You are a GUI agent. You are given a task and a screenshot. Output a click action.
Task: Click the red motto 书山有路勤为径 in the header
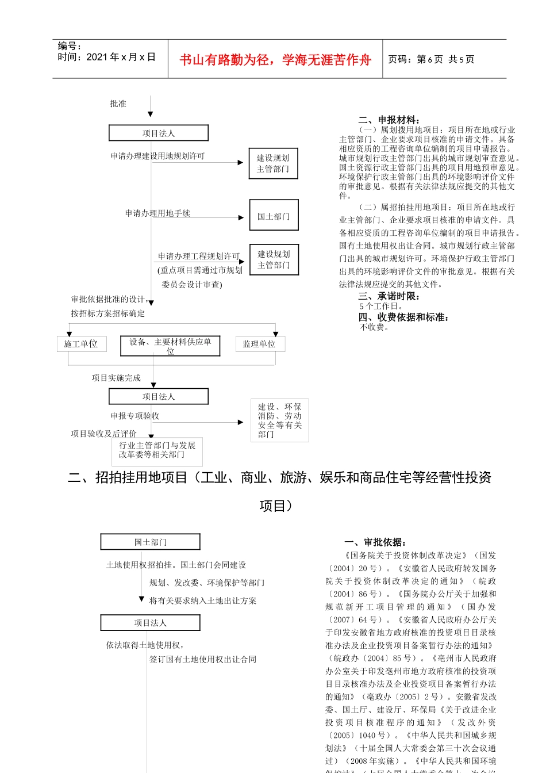click(275, 60)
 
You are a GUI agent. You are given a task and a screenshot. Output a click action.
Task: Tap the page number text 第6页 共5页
click(431, 59)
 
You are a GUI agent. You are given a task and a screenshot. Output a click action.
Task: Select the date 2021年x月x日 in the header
click(106, 57)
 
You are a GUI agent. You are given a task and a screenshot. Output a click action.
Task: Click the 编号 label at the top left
click(70, 46)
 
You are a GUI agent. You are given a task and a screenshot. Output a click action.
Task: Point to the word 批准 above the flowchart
click(118, 104)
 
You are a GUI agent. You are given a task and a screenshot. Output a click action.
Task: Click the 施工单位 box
click(80, 344)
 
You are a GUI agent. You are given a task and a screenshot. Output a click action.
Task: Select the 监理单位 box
click(259, 344)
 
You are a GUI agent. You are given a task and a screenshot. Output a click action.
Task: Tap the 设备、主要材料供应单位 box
click(170, 346)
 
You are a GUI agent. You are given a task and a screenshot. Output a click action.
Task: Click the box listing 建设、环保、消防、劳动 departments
click(279, 421)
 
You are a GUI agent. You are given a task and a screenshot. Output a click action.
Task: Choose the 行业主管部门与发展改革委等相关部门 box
click(157, 450)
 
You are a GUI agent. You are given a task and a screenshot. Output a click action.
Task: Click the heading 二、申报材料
click(389, 120)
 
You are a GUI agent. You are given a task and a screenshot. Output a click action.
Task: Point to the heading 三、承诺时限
click(389, 296)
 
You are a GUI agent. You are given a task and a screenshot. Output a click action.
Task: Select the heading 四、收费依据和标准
click(403, 317)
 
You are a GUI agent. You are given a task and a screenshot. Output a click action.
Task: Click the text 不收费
click(375, 327)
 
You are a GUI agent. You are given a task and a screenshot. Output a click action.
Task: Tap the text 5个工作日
click(382, 307)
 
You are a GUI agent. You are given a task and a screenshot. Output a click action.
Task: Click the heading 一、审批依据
click(375, 542)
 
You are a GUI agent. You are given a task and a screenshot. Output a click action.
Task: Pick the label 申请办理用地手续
click(157, 213)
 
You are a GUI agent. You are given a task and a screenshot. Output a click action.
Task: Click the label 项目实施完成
click(116, 378)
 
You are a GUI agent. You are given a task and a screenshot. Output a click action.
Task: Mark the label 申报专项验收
click(135, 416)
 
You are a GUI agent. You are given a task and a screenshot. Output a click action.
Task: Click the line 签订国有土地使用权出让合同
click(203, 659)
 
